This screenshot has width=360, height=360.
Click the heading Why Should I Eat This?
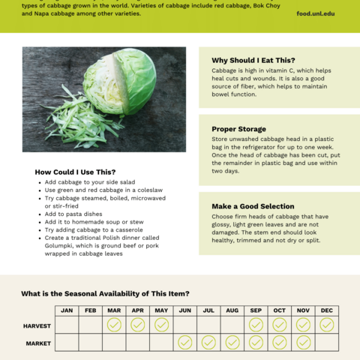pos(253,60)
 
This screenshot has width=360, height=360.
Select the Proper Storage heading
pos(238,129)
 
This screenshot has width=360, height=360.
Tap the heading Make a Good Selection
pos(253,206)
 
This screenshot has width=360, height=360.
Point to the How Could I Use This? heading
pos(75,172)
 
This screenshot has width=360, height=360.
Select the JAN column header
pos(67,310)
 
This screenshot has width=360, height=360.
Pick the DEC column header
pos(326,310)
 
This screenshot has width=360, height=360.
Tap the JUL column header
pos(208,310)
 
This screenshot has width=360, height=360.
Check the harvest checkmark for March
pos(114,325)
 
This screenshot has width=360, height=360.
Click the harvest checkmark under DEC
pos(326,325)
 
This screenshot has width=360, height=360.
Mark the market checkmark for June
pos(184,343)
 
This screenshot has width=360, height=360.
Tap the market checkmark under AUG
pos(232,343)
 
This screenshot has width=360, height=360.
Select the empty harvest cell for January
pos(67,325)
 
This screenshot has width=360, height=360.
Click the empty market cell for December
pos(326,343)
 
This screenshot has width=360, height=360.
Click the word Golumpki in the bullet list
pos(62,246)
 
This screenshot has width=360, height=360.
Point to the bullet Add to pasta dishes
pos(74,214)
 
